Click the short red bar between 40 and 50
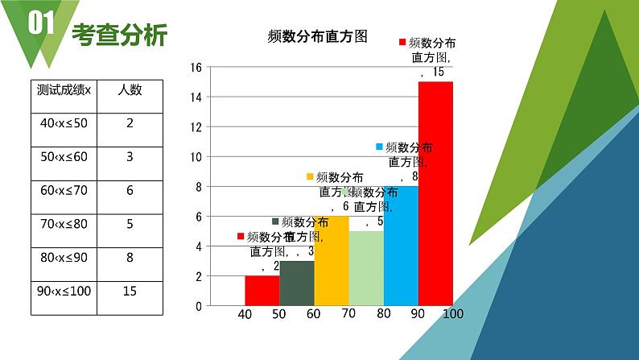[262, 291]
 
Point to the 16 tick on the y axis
[196, 68]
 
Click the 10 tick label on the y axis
[196, 157]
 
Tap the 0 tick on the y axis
[198, 306]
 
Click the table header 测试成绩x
[64, 90]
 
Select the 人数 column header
[130, 90]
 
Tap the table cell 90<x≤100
[64, 291]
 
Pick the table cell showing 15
[130, 291]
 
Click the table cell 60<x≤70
[64, 191]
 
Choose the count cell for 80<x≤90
[130, 259]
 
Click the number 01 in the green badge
[40, 24]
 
